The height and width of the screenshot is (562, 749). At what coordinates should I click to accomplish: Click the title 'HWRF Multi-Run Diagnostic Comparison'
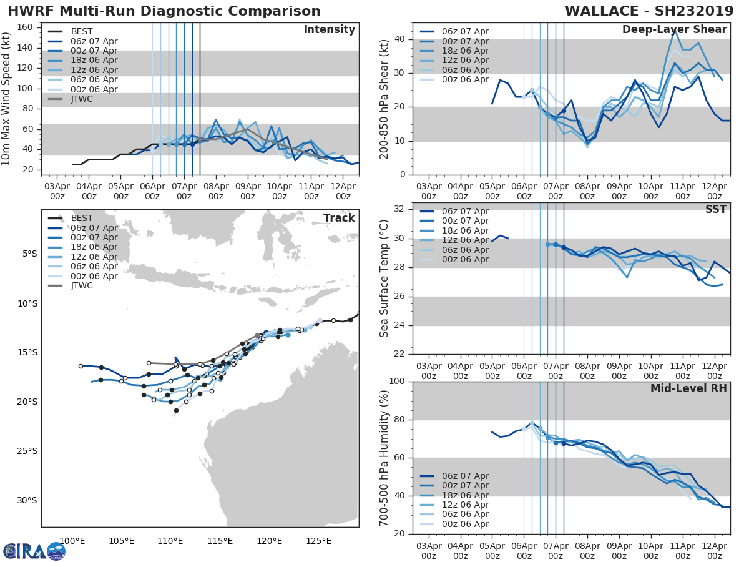tap(164, 11)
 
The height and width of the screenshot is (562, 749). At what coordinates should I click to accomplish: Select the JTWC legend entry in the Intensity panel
tap(81, 99)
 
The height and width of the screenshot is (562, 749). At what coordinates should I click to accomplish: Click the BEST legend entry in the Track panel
tap(81, 218)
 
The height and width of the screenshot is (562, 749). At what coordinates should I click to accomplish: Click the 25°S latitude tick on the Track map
tap(28, 451)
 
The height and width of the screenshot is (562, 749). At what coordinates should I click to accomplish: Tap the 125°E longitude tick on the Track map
tap(318, 541)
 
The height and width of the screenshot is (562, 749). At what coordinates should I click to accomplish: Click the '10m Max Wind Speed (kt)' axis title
tap(7, 99)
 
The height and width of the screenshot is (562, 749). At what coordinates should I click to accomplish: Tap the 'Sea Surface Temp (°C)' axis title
tap(384, 279)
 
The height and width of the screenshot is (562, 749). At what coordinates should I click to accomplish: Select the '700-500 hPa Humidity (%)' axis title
tap(384, 457)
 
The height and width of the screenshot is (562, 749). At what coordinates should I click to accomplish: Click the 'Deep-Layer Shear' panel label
tap(674, 30)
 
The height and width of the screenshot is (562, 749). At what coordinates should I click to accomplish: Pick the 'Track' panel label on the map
tap(338, 218)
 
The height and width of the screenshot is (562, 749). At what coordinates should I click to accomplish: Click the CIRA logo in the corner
tap(34, 551)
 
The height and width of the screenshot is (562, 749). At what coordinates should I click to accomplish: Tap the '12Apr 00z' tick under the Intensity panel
tap(343, 190)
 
